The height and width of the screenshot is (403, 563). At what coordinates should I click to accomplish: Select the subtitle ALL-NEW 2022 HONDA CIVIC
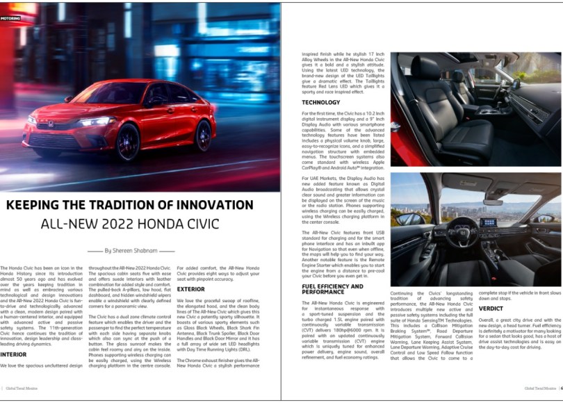point(130,224)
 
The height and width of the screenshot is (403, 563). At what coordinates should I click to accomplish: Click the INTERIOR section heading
point(13,354)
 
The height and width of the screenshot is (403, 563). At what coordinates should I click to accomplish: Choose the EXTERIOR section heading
point(190,288)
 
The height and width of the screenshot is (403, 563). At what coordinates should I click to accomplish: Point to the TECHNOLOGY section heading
point(320,102)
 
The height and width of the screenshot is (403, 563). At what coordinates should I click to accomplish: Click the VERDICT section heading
point(491,308)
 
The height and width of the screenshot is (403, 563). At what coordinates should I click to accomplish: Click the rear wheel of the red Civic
point(203,135)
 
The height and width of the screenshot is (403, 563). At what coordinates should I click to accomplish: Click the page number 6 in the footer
point(561,388)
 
